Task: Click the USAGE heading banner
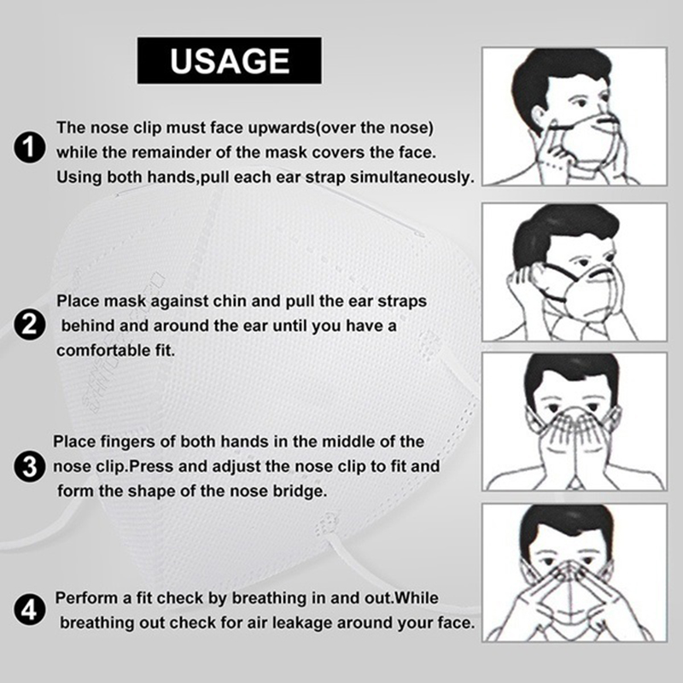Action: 230,61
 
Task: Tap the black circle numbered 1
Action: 29,148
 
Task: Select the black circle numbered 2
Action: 29,325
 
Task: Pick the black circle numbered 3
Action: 29,466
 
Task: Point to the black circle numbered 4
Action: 29,610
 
